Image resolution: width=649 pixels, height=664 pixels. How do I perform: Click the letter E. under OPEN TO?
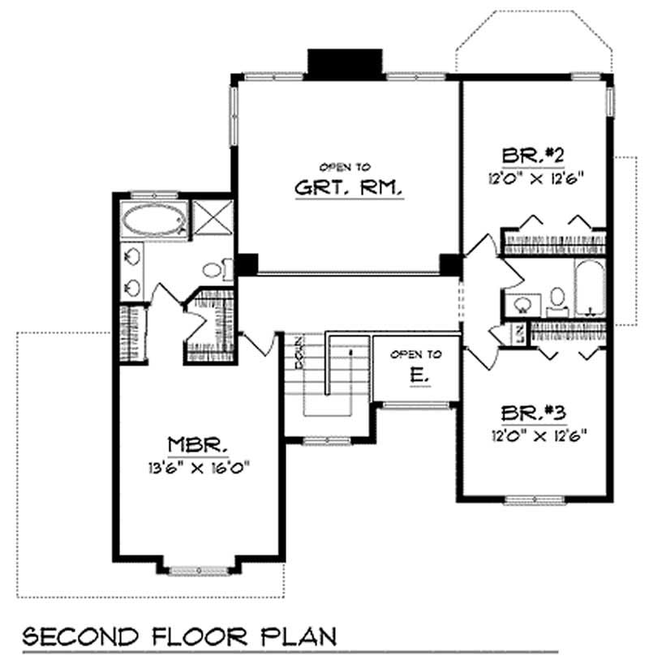point(415,376)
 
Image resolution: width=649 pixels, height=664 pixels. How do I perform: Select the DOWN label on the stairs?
point(300,353)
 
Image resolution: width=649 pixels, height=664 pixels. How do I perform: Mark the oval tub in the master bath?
point(153,220)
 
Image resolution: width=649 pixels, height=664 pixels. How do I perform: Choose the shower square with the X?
point(208,220)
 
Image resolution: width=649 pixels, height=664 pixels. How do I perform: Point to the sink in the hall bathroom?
point(522,304)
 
